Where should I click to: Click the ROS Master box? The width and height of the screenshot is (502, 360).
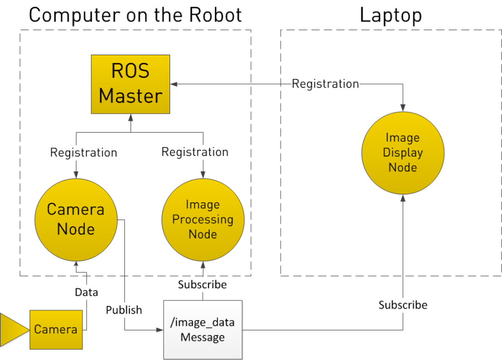point(131,84)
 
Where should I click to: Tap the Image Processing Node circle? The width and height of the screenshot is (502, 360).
point(202,220)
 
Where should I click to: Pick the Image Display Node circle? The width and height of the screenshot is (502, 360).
point(403,152)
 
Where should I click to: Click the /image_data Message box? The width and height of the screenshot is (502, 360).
point(202,330)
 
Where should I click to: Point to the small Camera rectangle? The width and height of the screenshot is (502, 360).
point(55,329)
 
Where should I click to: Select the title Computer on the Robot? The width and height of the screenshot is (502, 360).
point(136,14)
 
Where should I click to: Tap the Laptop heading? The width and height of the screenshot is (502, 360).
point(390,14)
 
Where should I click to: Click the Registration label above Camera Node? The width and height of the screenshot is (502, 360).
point(83,152)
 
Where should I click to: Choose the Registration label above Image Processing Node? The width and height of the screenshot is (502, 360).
point(195,152)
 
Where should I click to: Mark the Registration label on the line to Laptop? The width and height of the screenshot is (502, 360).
point(326,84)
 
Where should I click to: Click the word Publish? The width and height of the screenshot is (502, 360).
point(124,310)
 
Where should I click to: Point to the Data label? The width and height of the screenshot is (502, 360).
point(86,292)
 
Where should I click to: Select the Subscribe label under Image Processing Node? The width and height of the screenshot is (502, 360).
point(202,285)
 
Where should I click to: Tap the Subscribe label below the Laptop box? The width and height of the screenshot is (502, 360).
point(403,305)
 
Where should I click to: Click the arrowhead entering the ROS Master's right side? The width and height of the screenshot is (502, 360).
point(174,84)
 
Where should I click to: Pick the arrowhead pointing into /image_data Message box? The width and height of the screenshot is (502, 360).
point(159,330)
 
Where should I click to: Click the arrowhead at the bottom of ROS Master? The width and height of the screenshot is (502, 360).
point(131,118)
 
